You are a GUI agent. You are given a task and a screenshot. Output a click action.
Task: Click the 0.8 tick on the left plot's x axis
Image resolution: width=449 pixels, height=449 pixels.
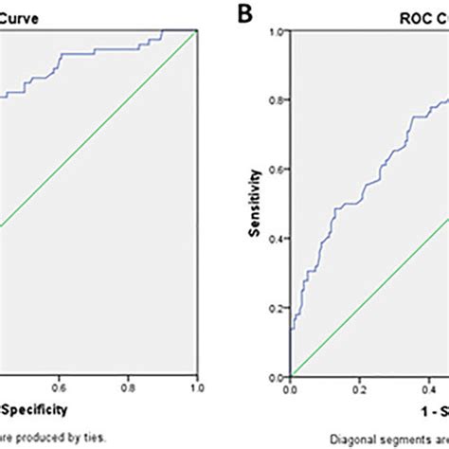[128, 386]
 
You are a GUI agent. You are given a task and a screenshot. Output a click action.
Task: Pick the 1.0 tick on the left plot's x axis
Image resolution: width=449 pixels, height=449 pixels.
[196, 386]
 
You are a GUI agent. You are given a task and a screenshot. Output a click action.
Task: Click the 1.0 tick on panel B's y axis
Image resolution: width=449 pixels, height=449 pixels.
[278, 32]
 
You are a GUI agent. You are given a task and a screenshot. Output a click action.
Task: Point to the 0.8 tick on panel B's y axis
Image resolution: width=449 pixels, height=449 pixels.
[278, 101]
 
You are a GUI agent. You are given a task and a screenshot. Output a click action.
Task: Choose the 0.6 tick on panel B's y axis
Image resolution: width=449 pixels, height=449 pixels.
[278, 170]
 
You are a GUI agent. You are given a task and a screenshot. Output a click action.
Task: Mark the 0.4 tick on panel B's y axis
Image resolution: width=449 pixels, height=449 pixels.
[278, 239]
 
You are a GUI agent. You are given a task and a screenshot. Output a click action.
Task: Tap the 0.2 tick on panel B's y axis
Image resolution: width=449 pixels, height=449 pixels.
[278, 308]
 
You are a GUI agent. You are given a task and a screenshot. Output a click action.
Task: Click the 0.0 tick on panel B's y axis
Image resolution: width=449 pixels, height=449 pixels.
[278, 376]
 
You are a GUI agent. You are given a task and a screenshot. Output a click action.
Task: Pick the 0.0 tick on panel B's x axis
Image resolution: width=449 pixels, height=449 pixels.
[292, 388]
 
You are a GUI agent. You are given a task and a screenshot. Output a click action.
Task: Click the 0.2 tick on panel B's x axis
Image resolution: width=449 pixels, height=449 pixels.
[360, 388]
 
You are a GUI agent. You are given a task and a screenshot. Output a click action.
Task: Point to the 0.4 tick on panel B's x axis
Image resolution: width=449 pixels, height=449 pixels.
[429, 388]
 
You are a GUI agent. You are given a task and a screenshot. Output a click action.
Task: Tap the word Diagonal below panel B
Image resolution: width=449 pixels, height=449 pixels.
[350, 439]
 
